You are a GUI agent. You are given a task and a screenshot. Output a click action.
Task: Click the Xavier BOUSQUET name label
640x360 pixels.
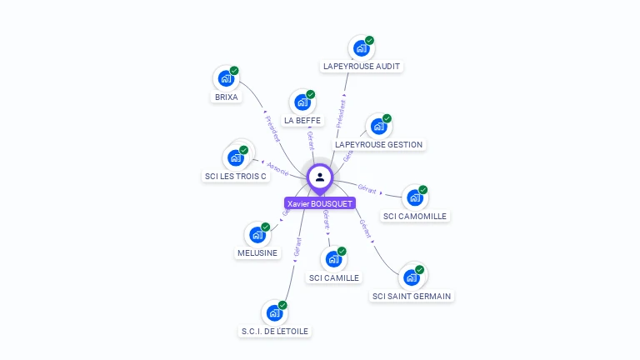320,203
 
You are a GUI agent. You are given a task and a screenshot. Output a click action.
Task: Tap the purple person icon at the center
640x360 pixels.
320,177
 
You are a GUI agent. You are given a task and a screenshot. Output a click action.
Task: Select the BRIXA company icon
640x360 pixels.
225,78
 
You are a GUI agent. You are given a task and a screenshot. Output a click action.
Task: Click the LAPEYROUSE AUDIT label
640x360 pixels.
362,66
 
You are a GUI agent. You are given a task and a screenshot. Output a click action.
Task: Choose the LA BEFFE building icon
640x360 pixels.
302,102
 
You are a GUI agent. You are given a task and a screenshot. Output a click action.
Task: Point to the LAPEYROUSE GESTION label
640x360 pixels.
379,144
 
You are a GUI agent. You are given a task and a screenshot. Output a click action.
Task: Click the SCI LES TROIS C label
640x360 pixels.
236,176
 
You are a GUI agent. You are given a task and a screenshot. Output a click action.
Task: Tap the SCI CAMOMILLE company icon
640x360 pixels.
413,197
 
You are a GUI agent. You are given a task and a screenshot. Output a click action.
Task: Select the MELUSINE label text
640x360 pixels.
257,252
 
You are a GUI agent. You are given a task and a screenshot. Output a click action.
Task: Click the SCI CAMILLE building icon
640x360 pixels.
332,259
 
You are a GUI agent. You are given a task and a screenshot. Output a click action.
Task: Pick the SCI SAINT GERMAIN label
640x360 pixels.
412,296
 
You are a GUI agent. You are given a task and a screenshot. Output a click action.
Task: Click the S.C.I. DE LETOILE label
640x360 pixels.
275,331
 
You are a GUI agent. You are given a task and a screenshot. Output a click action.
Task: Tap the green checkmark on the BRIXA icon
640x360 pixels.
234,70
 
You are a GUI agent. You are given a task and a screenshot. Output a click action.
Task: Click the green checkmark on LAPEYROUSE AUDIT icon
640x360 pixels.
370,40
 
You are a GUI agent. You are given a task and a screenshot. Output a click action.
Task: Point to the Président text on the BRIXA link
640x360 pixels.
272,128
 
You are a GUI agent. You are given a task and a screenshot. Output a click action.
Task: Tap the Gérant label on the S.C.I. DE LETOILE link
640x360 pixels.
297,247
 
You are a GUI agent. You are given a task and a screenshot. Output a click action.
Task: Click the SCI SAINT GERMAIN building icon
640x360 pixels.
410,277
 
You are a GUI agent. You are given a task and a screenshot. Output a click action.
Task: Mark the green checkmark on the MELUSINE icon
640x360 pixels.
266,227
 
